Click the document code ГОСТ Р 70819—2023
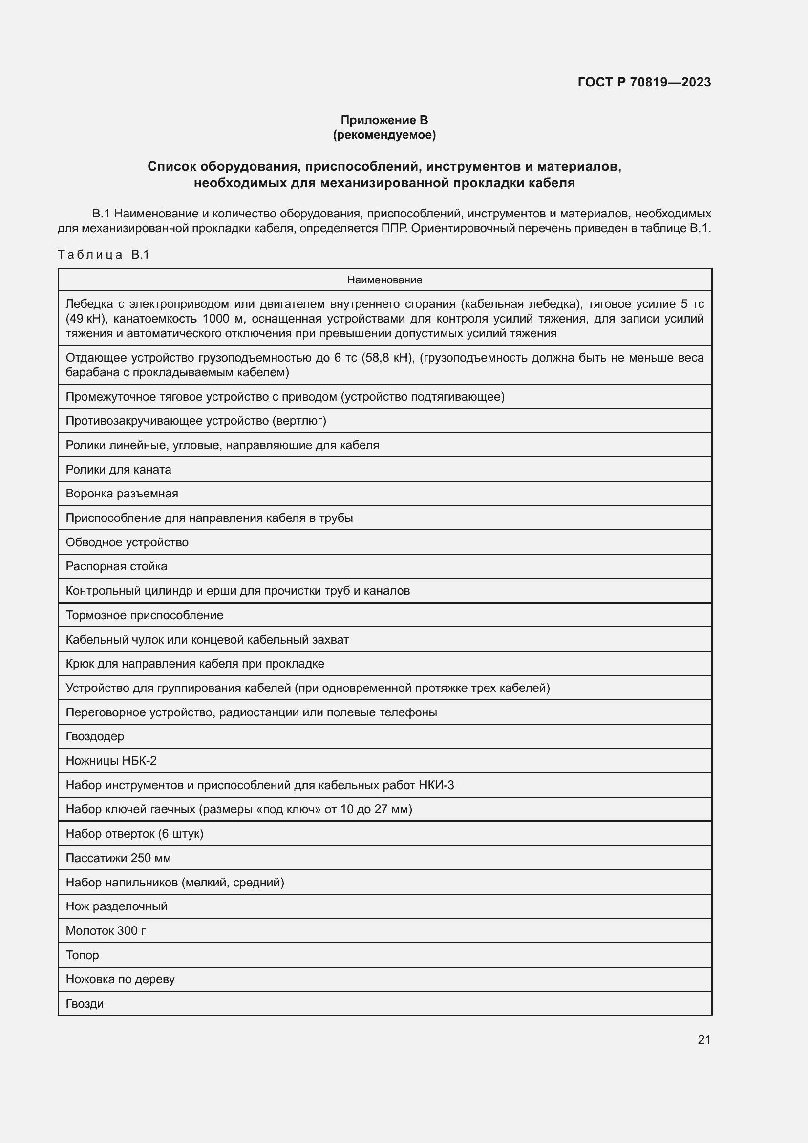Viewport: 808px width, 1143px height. [x=644, y=82]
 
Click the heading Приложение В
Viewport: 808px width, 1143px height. [x=384, y=120]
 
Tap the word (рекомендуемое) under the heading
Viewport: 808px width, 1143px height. [x=384, y=135]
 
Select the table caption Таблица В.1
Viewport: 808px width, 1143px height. [x=104, y=255]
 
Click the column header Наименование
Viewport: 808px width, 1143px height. [x=384, y=280]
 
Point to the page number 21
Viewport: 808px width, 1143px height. [x=704, y=1039]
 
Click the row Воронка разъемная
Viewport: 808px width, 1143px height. [x=122, y=494]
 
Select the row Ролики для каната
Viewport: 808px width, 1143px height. [x=118, y=470]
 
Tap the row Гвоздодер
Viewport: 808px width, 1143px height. [x=95, y=736]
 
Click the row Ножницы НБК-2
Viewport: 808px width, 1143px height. [x=111, y=761]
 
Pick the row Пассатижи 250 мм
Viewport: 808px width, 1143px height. [x=118, y=858]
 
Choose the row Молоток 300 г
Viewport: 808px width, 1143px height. [x=106, y=930]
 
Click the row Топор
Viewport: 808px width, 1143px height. [x=82, y=955]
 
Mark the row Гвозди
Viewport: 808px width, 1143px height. [x=85, y=1004]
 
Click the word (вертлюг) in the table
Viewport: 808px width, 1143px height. [x=298, y=421]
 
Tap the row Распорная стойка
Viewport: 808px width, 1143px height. [x=116, y=566]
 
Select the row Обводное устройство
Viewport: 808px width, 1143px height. [x=127, y=542]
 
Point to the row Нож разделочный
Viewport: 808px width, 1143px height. [x=116, y=906]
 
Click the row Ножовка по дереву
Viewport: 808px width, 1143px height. [x=120, y=979]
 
